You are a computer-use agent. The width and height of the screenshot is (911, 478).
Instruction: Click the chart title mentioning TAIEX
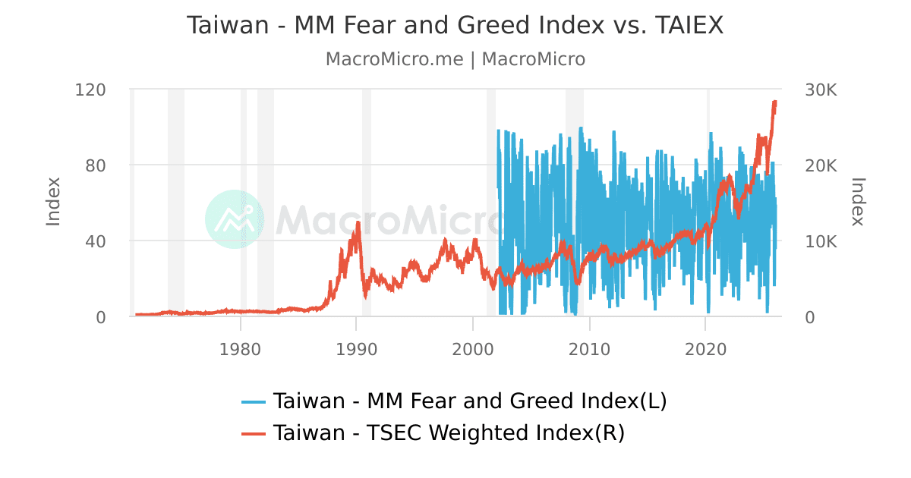click(455, 25)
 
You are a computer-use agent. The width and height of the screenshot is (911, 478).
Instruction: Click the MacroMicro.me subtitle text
click(455, 59)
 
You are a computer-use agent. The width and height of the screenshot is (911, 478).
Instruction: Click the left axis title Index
click(53, 202)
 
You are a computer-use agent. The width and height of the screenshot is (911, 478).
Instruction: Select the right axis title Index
click(858, 202)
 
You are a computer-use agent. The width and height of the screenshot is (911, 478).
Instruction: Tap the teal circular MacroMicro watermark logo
click(235, 219)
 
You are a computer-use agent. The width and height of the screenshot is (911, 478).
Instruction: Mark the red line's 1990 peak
click(357, 223)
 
